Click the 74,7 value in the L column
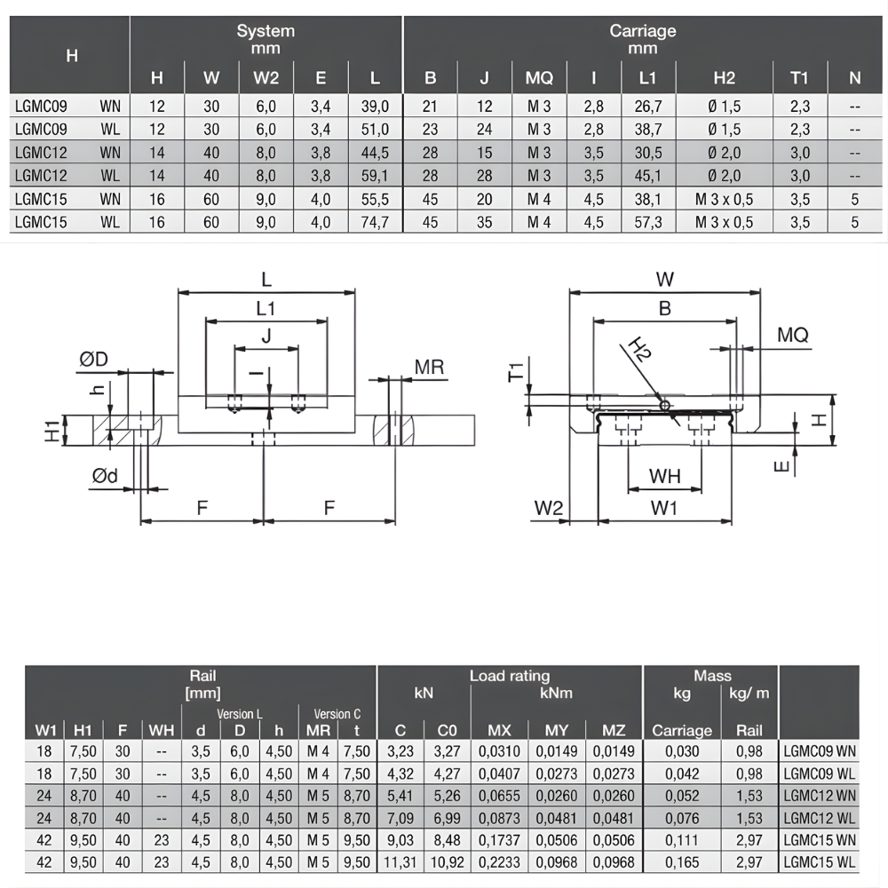pyautogui.click(x=376, y=222)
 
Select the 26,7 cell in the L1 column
pyautogui.click(x=647, y=107)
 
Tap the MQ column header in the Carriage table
pyautogui.click(x=539, y=78)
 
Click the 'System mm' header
pyautogui.click(x=266, y=39)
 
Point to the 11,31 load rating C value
pyautogui.click(x=400, y=861)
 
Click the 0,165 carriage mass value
pyautogui.click(x=682, y=861)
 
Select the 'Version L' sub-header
pyautogui.click(x=239, y=713)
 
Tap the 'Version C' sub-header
pyautogui.click(x=337, y=713)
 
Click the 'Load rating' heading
pyautogui.click(x=510, y=677)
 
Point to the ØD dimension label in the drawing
pyautogui.click(x=93, y=359)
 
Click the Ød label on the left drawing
pyautogui.click(x=105, y=477)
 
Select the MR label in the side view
pyautogui.click(x=428, y=367)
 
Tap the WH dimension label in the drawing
pyautogui.click(x=664, y=476)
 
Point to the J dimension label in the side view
pyautogui.click(x=266, y=335)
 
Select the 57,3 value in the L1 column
pyautogui.click(x=647, y=222)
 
